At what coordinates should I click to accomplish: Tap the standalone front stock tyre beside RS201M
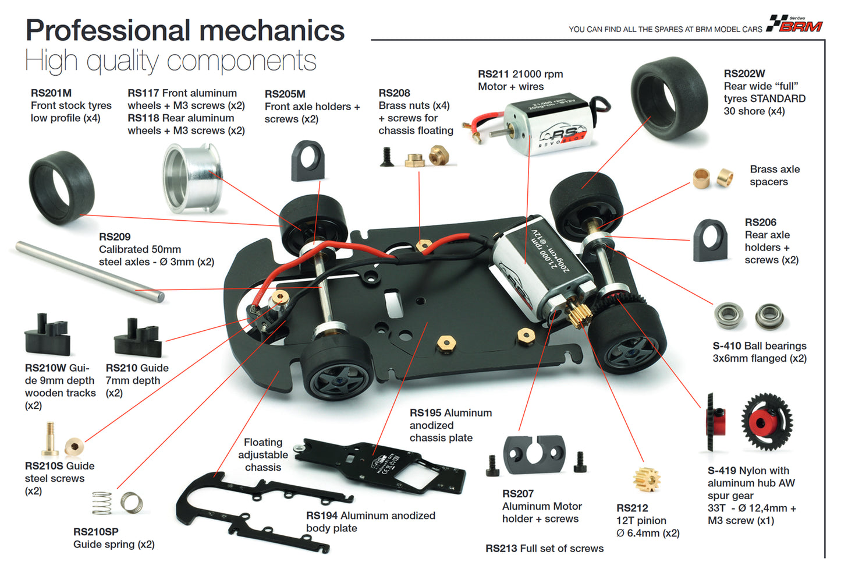(x=61, y=187)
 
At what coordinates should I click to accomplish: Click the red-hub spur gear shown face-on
(x=767, y=422)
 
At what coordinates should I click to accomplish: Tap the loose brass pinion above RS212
(x=646, y=479)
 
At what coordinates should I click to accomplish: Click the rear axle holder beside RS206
(x=710, y=241)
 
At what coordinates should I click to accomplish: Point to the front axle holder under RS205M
(x=307, y=161)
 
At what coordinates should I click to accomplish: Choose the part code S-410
(x=727, y=346)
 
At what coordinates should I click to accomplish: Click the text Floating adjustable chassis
(x=263, y=455)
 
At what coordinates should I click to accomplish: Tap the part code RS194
(x=322, y=516)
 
